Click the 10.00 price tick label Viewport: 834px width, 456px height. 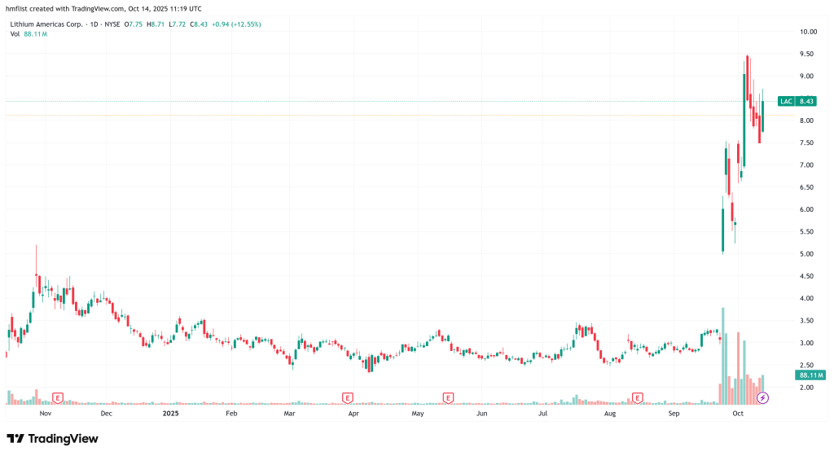(808, 32)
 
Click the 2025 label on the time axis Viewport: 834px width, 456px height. (169, 414)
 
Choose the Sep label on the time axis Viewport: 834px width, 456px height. (674, 414)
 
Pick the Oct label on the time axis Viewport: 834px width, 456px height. (738, 414)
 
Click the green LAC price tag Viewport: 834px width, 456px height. (786, 101)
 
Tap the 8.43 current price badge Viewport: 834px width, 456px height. (806, 101)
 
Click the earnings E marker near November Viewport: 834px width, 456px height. (58, 397)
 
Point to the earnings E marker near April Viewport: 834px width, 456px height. (348, 397)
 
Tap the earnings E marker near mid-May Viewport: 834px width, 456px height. (448, 397)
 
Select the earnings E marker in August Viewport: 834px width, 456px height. (638, 397)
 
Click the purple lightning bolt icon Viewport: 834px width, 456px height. (763, 397)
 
